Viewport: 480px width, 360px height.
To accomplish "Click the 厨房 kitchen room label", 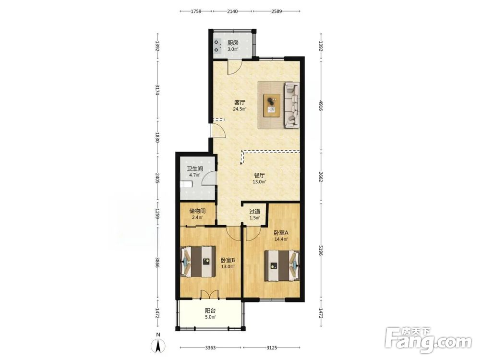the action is pyautogui.click(x=233, y=43).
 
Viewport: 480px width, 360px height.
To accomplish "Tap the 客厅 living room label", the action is pyautogui.click(x=240, y=102).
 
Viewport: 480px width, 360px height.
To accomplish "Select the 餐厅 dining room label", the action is pyautogui.click(x=259, y=175).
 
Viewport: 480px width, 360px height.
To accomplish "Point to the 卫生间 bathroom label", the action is pyautogui.click(x=195, y=168).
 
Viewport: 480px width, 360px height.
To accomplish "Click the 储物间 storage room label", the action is pyautogui.click(x=197, y=211).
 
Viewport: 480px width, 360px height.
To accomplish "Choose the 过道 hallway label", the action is pyautogui.click(x=255, y=212).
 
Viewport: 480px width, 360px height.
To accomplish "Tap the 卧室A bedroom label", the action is pyautogui.click(x=281, y=233).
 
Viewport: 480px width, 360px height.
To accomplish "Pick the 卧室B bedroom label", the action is pyautogui.click(x=228, y=260).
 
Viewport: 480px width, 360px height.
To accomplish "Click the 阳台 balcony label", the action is pyautogui.click(x=210, y=311).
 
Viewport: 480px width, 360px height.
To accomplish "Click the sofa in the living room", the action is pyautogui.click(x=292, y=105).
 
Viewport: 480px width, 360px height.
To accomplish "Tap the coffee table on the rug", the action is pyautogui.click(x=272, y=105).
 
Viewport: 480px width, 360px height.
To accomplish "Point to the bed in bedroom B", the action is pyautogui.click(x=198, y=262).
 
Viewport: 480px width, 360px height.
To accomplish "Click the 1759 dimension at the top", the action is pyautogui.click(x=196, y=12).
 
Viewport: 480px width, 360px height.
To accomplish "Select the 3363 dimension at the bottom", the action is pyautogui.click(x=210, y=348).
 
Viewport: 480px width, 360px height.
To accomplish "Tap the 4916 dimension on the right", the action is pyautogui.click(x=321, y=105).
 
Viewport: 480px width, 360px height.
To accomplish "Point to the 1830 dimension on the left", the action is pyautogui.click(x=157, y=137).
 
